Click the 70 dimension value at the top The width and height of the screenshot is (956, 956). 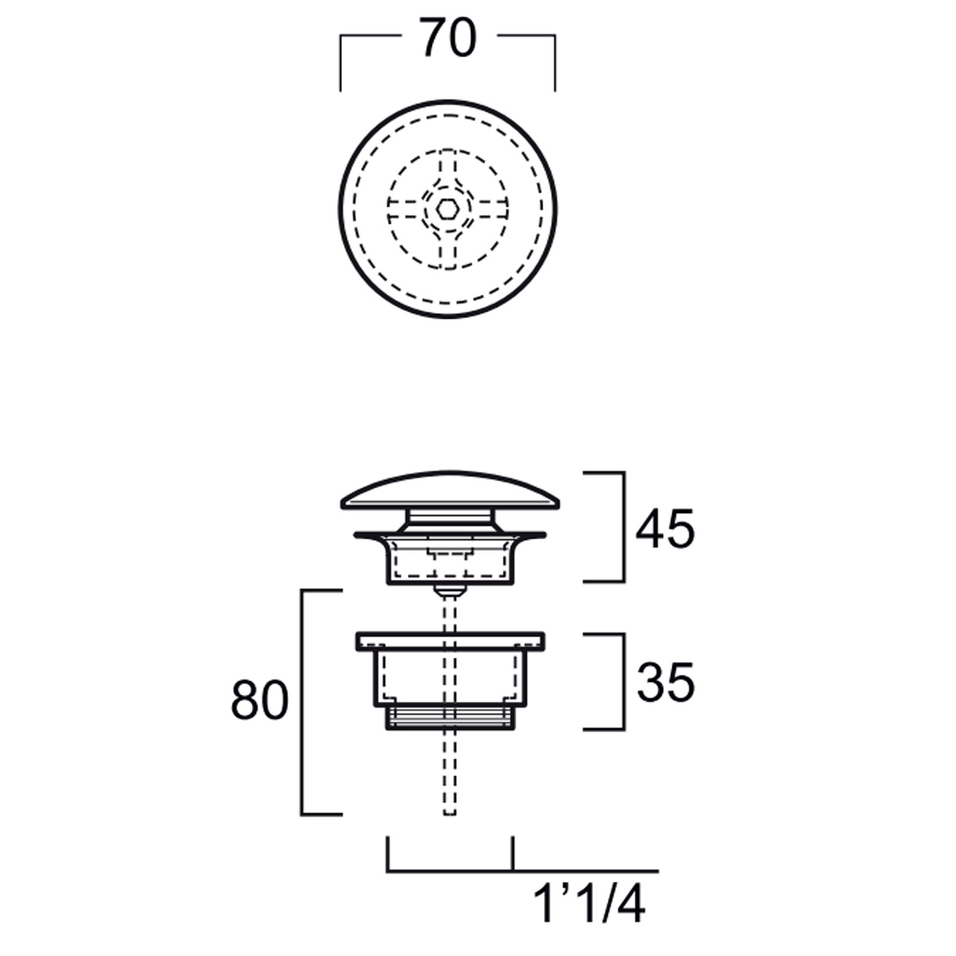(x=449, y=37)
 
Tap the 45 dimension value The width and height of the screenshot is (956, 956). (x=665, y=529)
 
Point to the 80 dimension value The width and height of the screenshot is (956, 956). (x=260, y=699)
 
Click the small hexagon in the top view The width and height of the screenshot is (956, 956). (x=448, y=209)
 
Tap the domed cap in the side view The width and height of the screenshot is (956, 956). (x=450, y=490)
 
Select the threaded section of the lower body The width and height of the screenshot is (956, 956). (x=450, y=718)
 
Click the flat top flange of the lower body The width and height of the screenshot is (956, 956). (x=450, y=641)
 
